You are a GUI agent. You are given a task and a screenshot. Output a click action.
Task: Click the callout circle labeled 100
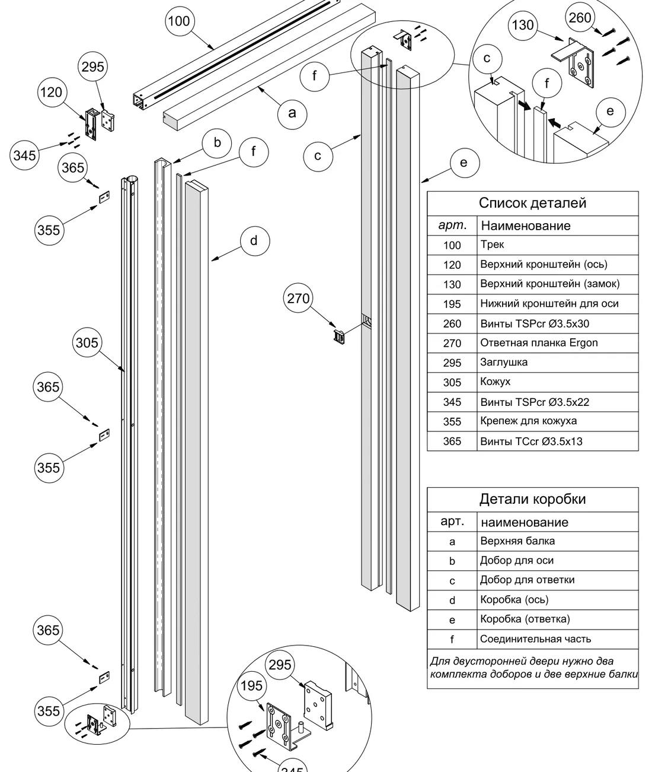(180, 21)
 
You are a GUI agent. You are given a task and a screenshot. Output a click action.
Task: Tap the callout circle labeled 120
(52, 92)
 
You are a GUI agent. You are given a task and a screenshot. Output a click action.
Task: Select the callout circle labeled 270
(298, 298)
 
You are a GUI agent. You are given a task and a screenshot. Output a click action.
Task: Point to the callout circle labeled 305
(87, 342)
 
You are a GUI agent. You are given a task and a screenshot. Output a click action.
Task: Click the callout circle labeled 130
(523, 25)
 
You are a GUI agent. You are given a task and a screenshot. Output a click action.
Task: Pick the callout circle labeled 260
(580, 17)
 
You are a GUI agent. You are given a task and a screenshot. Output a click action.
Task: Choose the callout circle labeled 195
(252, 686)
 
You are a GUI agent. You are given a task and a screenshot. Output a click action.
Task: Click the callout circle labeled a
(292, 114)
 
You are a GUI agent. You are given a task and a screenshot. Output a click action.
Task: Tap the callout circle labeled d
(254, 241)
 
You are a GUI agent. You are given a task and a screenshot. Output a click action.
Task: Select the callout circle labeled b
(217, 143)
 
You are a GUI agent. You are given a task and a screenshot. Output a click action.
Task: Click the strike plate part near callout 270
(338, 336)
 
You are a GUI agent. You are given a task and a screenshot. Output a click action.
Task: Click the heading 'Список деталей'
(532, 203)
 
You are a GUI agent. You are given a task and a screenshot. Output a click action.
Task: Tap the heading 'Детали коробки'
(532, 499)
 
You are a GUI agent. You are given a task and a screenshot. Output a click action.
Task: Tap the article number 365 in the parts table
(452, 441)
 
